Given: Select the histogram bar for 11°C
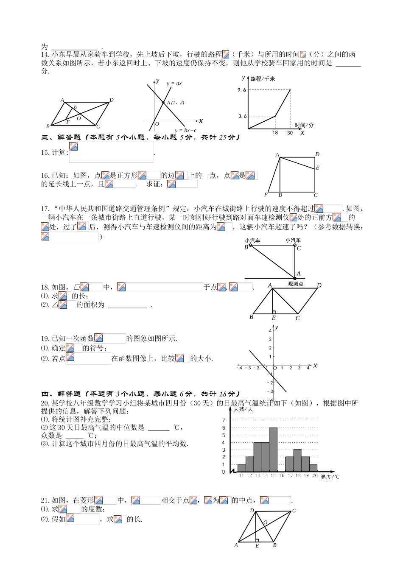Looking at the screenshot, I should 241,468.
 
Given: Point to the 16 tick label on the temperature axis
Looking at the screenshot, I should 281,476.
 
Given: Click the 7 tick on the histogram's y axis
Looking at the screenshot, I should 224,420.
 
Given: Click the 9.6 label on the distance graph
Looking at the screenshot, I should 242,90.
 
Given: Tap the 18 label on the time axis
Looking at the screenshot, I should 275,133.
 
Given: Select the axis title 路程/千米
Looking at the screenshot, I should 263,79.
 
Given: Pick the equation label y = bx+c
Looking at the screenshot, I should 185,131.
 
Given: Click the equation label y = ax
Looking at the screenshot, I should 174,84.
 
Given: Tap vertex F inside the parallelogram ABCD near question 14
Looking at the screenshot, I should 67,122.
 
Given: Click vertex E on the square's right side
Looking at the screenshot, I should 317,168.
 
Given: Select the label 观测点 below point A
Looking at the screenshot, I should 295,284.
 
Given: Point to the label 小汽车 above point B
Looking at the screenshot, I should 252,240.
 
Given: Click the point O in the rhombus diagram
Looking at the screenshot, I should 265,522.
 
